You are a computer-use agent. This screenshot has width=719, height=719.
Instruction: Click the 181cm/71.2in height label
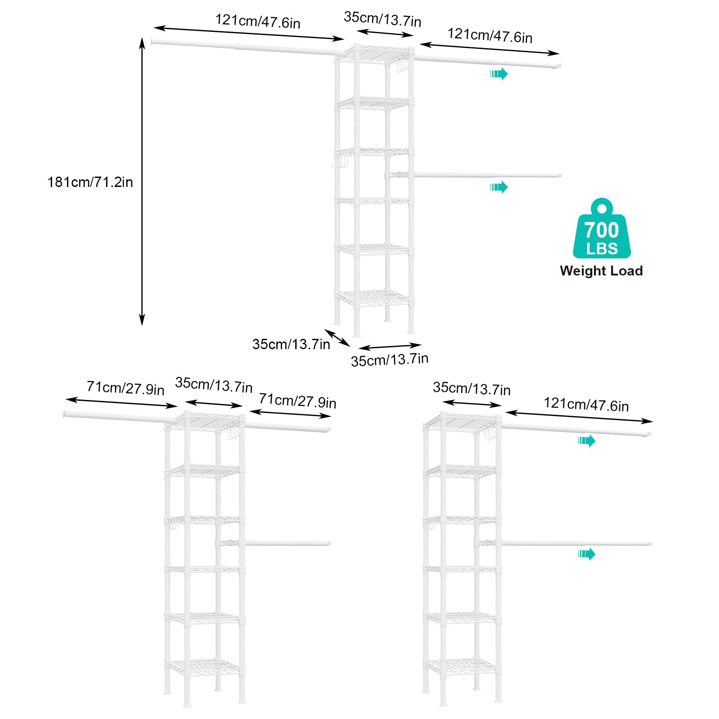(90, 182)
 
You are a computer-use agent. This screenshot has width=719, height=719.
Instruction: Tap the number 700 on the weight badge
(602, 230)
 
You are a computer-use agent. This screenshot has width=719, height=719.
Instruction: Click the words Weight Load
(601, 271)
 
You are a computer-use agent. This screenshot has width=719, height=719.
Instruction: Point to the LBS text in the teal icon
(602, 249)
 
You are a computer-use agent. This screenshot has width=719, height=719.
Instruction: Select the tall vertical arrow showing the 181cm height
(142, 182)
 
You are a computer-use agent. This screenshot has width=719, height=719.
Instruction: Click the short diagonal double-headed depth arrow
(337, 338)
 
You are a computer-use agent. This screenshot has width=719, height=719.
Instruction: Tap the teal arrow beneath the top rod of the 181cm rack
(499, 74)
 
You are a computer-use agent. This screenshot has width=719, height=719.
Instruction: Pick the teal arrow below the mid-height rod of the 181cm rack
(499, 187)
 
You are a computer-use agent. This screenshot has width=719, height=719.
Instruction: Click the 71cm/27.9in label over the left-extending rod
(125, 388)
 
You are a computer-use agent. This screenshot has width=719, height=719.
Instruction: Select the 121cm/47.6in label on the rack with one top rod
(586, 404)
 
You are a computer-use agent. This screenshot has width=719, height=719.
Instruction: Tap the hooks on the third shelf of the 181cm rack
(341, 160)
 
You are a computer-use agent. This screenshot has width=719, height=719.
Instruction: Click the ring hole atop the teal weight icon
(602, 208)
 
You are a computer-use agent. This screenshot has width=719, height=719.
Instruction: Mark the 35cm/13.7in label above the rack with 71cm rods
(213, 385)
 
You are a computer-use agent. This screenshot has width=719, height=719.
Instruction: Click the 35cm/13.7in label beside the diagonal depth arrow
(291, 344)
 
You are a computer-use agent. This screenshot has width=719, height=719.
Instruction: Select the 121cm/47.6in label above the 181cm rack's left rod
(257, 21)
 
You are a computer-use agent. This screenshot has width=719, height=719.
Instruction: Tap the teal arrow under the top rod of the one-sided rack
(586, 441)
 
